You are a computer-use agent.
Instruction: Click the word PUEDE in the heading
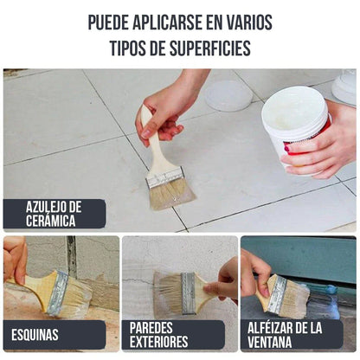click(x=112, y=22)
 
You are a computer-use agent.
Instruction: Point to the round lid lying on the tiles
click(x=228, y=95)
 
